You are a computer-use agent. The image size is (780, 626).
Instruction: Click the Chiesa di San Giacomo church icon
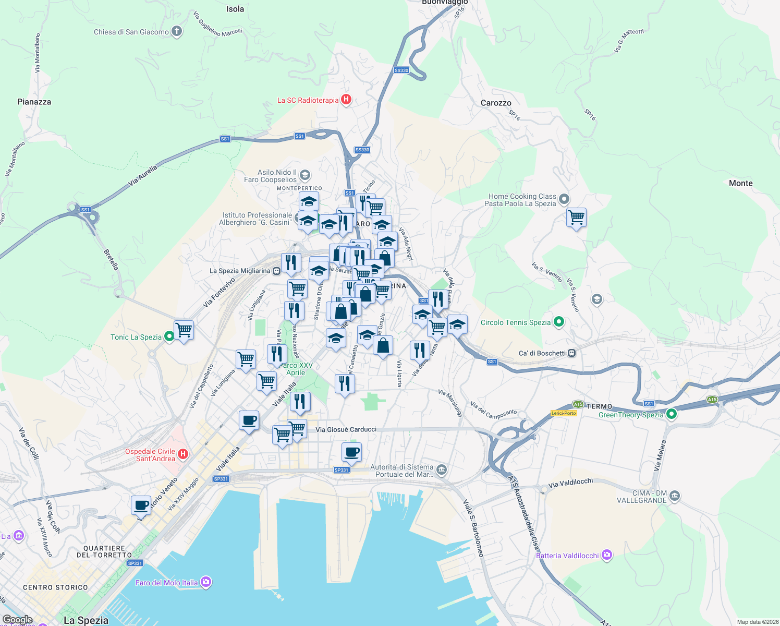[177, 32]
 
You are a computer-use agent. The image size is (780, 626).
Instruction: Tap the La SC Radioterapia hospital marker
[346, 100]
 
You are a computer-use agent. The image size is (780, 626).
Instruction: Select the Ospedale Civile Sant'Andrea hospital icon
[182, 454]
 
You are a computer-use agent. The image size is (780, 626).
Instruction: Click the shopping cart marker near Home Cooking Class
[576, 217]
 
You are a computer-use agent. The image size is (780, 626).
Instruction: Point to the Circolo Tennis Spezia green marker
[559, 322]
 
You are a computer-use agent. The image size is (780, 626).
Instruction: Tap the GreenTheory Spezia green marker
[672, 414]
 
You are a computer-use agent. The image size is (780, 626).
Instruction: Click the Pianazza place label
[34, 102]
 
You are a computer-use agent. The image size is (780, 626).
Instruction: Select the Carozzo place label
[496, 103]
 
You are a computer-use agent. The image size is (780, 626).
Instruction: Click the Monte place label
[740, 183]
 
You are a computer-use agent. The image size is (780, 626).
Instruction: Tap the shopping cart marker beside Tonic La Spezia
[184, 330]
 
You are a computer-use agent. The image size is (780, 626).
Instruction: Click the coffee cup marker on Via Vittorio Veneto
[141, 505]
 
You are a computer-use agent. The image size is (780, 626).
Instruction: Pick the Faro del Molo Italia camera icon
[206, 582]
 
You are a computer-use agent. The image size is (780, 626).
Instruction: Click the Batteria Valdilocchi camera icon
[607, 555]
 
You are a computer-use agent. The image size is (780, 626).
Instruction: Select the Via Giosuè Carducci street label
[346, 429]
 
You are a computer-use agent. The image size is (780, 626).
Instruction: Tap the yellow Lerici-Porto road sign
[564, 413]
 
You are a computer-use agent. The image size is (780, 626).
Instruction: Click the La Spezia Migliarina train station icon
[276, 271]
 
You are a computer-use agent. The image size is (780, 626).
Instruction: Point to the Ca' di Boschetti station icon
[572, 353]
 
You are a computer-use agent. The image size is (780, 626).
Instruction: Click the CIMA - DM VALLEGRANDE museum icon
[675, 496]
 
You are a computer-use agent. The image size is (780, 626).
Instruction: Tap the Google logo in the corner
[17, 620]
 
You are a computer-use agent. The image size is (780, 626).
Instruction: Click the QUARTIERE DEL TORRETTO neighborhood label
[104, 551]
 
